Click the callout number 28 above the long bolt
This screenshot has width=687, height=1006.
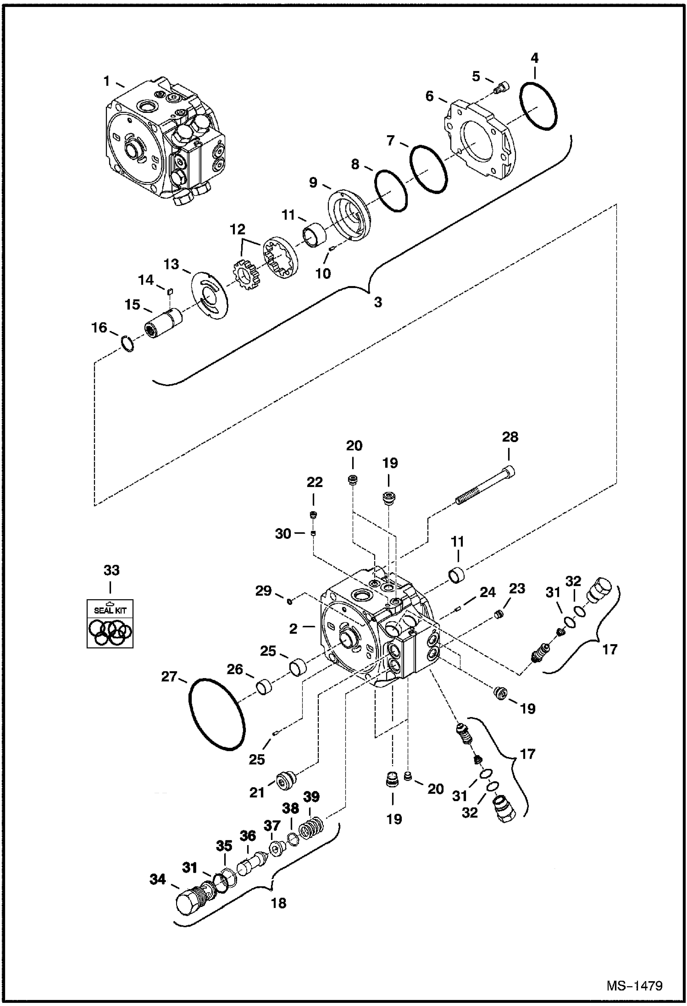click(510, 437)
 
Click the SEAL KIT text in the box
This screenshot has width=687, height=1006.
click(110, 610)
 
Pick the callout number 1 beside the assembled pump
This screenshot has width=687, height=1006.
click(106, 82)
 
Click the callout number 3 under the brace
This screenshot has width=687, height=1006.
click(377, 302)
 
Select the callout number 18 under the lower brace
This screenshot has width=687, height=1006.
click(278, 903)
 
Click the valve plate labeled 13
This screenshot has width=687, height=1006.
click(209, 295)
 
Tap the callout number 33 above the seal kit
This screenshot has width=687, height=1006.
click(111, 570)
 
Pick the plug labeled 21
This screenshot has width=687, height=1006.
click(285, 781)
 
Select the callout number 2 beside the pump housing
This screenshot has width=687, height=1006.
click(294, 629)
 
